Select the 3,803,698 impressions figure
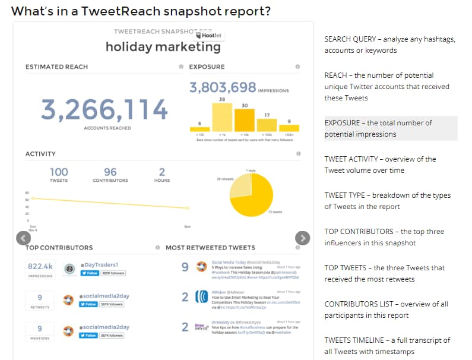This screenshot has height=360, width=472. click(x=223, y=87)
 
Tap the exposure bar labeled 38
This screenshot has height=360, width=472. click(x=222, y=117)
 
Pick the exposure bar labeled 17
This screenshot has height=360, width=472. click(x=267, y=125)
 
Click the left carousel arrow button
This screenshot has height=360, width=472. click(x=23, y=238)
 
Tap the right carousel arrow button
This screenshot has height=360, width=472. click(x=302, y=238)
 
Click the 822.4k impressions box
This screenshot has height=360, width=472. click(x=40, y=269)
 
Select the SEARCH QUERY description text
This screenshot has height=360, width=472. click(x=389, y=45)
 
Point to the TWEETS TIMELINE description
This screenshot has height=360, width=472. click(x=387, y=346)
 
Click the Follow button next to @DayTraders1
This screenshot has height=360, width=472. click(x=89, y=273)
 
